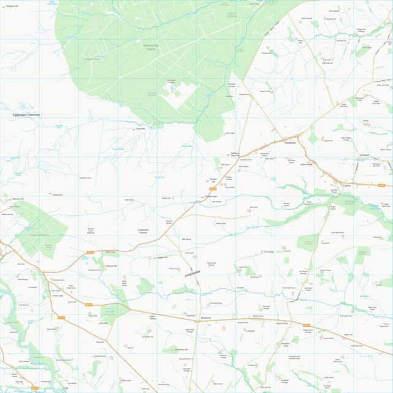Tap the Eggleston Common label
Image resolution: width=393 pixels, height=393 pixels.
pos(26,115)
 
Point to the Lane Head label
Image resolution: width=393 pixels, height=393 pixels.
pos(307,164)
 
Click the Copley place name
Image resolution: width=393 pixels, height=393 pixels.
pos(346,185)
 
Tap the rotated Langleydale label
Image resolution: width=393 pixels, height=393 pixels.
pos(193,274)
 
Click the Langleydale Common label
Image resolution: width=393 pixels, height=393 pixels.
pos(143,231)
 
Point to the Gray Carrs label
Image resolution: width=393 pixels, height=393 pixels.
pos(58,194)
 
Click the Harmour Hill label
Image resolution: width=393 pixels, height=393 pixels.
pos(17,199)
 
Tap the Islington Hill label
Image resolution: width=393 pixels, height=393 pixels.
pos(12,6)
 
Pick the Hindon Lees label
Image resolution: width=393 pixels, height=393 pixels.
pos(210,196)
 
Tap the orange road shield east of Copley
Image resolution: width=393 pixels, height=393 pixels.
pos(381,185)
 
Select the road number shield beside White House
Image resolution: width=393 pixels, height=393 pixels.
pos(91,252)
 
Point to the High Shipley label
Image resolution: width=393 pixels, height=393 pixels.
pos(52,329)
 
